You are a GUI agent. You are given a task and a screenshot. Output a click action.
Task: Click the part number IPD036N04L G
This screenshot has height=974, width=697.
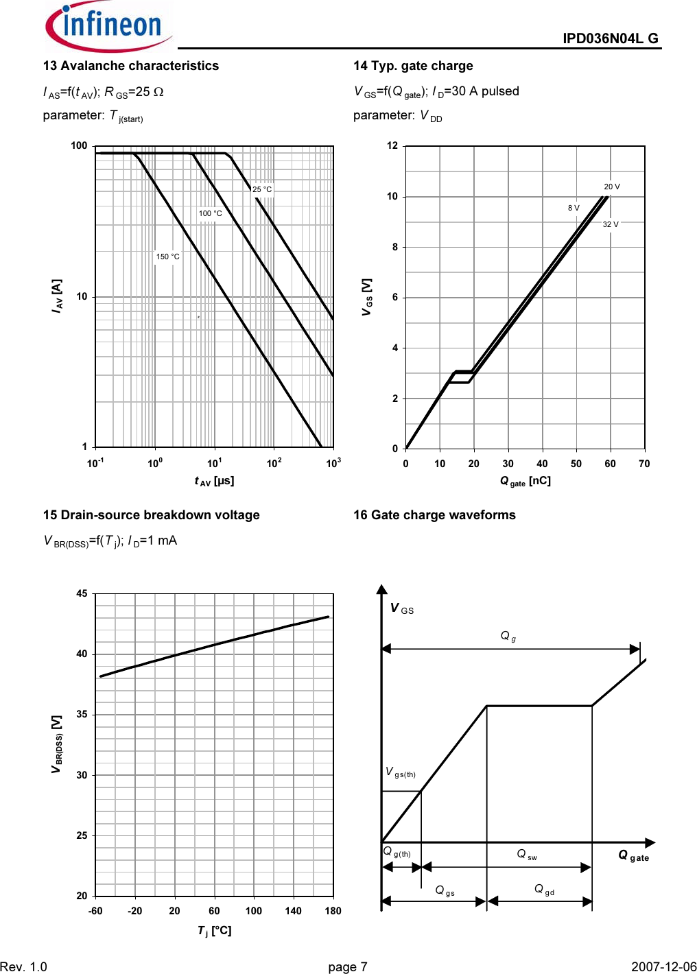[610, 38]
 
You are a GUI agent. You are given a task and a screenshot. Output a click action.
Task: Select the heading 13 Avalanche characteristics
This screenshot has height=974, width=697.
[131, 66]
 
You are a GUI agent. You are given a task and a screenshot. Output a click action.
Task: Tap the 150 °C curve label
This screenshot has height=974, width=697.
[167, 257]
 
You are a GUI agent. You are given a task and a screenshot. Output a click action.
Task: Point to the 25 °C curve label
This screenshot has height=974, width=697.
[262, 189]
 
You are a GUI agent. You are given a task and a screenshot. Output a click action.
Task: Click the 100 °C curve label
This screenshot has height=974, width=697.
[211, 213]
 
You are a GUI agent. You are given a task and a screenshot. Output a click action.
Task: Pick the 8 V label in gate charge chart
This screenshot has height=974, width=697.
[574, 208]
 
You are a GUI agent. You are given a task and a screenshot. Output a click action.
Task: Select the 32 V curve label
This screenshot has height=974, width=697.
[611, 224]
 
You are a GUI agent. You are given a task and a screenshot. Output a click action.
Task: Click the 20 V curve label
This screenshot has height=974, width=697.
[612, 187]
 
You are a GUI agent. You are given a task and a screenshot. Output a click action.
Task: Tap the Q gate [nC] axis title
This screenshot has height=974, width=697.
[525, 481]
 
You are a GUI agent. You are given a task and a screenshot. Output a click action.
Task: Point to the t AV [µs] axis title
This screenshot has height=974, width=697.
[214, 481]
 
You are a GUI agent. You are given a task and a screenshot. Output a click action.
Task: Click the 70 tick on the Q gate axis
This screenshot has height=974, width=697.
[644, 464]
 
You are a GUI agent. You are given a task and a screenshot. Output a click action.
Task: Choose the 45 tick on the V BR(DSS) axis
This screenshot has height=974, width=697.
[82, 593]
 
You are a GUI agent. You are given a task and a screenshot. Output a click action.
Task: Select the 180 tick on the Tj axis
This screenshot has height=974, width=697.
[333, 911]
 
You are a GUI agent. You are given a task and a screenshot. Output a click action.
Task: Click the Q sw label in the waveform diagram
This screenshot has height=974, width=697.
[527, 855]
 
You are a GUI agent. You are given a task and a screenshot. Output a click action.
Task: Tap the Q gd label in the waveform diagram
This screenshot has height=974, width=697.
[544, 890]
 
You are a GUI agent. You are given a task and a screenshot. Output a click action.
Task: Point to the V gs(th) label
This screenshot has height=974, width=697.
[401, 773]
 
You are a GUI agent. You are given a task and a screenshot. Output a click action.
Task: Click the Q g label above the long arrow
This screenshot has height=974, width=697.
[508, 637]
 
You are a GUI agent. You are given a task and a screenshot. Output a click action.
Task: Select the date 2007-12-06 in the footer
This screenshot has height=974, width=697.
[663, 966]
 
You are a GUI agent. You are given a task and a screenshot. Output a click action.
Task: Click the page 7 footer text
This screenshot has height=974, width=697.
[348, 966]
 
